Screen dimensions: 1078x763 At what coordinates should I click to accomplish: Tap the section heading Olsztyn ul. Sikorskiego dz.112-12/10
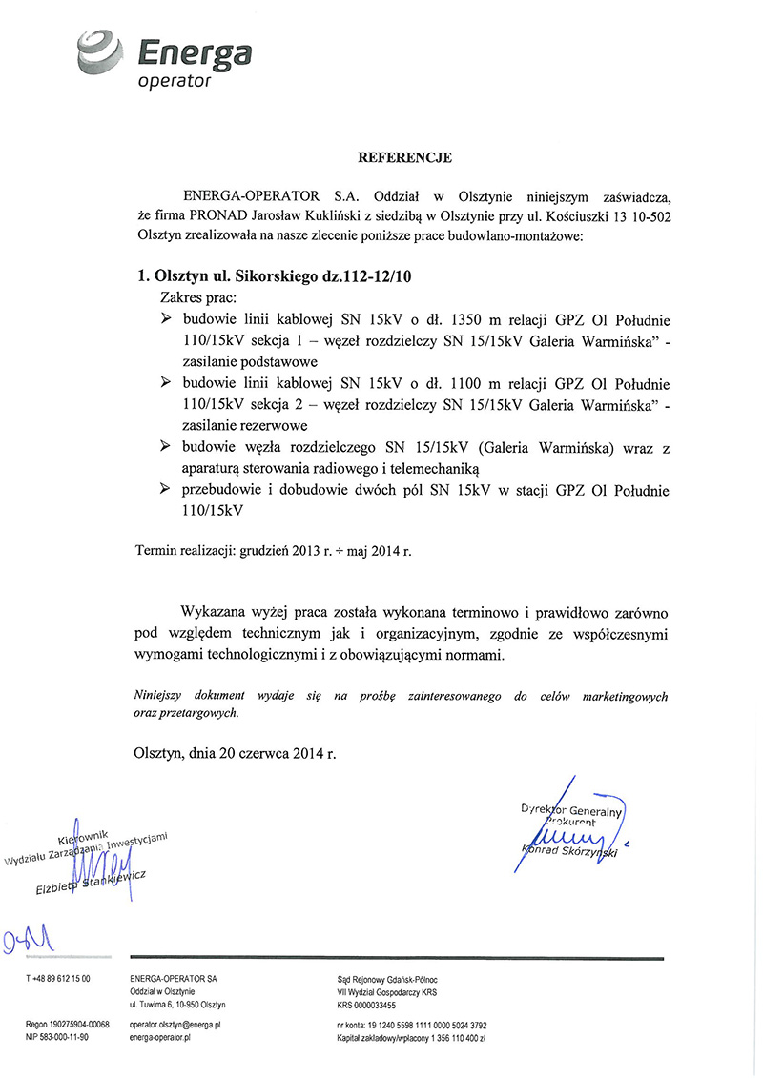click(x=277, y=276)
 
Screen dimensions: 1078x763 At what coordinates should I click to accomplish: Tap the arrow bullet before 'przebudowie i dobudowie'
click(x=166, y=490)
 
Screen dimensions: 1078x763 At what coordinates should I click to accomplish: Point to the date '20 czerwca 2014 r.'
click(x=279, y=753)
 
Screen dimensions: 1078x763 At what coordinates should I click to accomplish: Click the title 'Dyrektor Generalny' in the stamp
click(x=570, y=810)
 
